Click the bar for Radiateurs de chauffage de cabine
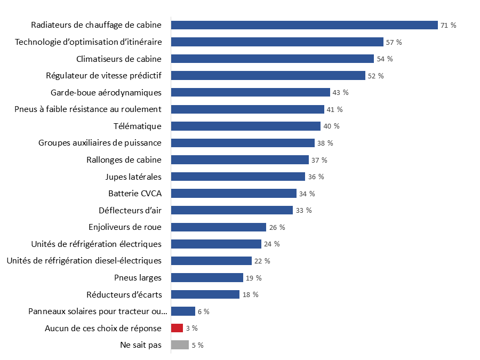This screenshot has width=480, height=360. click(x=304, y=25)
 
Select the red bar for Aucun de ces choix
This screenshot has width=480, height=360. click(x=177, y=328)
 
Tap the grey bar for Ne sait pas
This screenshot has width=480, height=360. click(x=180, y=345)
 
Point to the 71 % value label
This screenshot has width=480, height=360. click(x=448, y=25)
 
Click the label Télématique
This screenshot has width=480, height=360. click(x=137, y=126)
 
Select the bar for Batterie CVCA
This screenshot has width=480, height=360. click(x=234, y=193)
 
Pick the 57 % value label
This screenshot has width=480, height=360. click(x=394, y=42)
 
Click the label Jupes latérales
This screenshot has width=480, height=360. click(x=133, y=177)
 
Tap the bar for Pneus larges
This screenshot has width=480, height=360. click(x=207, y=277)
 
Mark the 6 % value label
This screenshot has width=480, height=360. click(x=203, y=311)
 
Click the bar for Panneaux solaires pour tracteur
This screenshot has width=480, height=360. click(x=183, y=311)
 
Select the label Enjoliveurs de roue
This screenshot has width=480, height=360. click(x=125, y=227)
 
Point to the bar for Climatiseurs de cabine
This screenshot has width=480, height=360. click(x=272, y=59)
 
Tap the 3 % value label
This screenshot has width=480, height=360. click(x=191, y=328)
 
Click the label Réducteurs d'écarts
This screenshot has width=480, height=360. click(x=124, y=294)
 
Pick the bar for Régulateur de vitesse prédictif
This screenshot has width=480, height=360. click(x=268, y=76)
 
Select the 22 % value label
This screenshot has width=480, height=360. click(x=262, y=261)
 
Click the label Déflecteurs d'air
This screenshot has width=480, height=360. click(x=130, y=210)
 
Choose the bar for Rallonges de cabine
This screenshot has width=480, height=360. click(x=239, y=160)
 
